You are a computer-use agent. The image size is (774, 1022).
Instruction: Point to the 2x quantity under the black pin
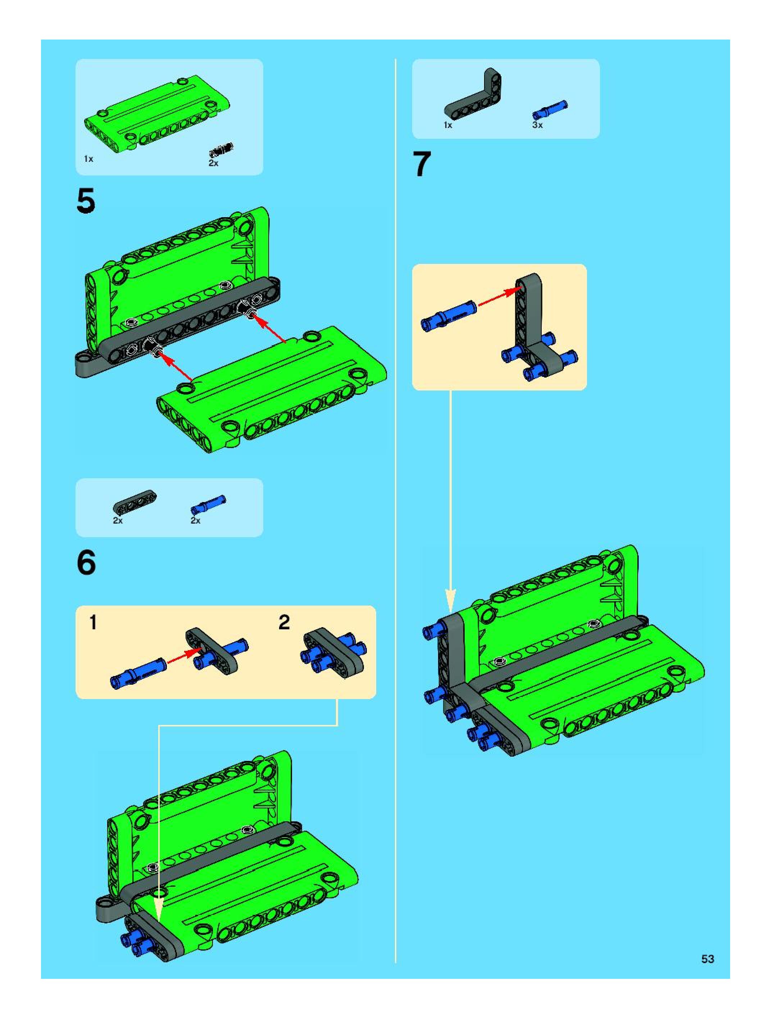213,163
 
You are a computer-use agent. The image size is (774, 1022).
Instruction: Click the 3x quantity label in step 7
537,125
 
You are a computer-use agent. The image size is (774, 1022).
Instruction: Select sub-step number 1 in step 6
94,622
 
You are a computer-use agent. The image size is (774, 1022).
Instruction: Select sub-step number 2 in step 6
284,622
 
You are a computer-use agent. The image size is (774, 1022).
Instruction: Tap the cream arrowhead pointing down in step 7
451,601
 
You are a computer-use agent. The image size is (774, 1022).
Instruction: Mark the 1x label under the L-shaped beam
448,125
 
